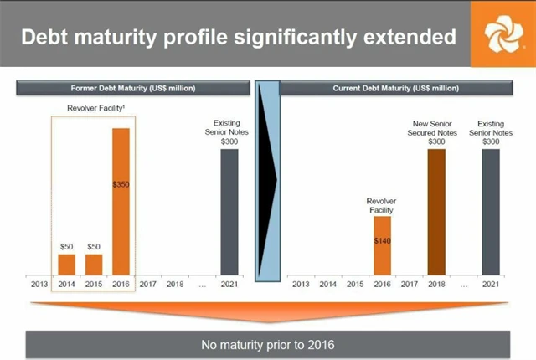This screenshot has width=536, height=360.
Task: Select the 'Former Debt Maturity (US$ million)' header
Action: tap(134, 88)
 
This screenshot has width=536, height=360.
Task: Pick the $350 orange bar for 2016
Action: tap(121, 201)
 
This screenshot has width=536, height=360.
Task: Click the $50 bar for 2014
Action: tap(66, 264)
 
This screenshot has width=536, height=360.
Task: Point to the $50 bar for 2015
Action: tap(94, 264)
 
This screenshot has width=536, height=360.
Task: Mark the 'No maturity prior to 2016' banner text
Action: tap(267, 344)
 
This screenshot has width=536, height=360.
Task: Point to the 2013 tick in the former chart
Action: tap(39, 284)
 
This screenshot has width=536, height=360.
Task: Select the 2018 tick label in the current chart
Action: tap(435, 284)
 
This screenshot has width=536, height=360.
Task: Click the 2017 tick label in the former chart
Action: tap(147, 284)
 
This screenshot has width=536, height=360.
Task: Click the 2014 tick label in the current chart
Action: tap(327, 284)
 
